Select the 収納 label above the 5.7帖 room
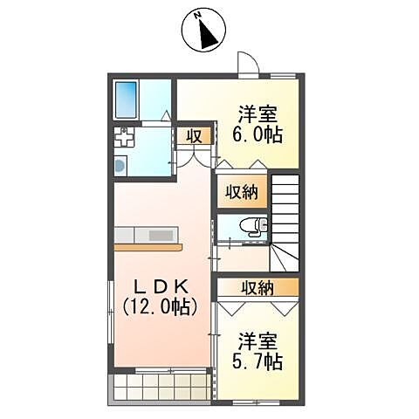click(x=258, y=286)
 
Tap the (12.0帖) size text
click(x=160, y=306)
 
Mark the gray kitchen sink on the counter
click(x=161, y=235)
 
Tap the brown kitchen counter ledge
click(x=148, y=248)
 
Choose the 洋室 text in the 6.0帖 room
click(x=258, y=113)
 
